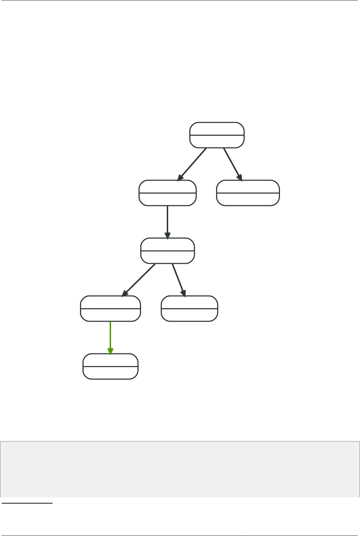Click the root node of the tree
(x=217, y=135)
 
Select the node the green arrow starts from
(x=110, y=309)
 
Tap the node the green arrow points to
(x=110, y=366)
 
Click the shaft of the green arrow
(x=110, y=335)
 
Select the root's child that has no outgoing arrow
(x=248, y=193)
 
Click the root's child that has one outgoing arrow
(x=167, y=193)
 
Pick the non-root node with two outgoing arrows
(x=167, y=251)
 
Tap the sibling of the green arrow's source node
(x=189, y=309)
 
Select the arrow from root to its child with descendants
(x=192, y=164)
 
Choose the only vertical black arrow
(x=167, y=220)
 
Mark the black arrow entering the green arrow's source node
(x=139, y=280)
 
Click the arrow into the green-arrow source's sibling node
(x=178, y=279)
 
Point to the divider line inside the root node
(x=217, y=135)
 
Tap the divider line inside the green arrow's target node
(x=110, y=366)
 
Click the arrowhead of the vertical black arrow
(x=167, y=235)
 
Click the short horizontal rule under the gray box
(x=27, y=504)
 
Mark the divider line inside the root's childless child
(x=248, y=193)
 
